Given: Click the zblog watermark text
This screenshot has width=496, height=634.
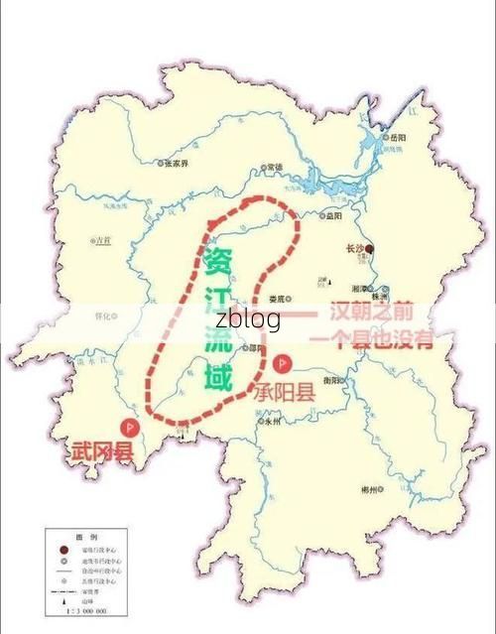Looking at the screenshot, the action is coord(248,318).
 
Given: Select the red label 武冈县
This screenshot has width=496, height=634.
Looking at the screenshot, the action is coord(100,451).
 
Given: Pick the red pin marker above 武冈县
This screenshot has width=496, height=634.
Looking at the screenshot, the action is coord(127,427).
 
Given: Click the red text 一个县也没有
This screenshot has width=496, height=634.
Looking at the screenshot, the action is coord(371,339).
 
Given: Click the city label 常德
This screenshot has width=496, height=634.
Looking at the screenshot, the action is coord(273,167).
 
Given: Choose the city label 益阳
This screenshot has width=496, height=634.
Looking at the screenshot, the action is coord(335,214).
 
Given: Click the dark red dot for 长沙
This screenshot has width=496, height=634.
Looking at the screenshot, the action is coord(369,248).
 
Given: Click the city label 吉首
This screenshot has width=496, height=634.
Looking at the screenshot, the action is coord(102,240).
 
